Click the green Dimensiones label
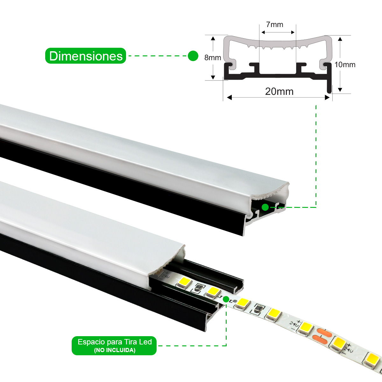pyautogui.click(x=86, y=56)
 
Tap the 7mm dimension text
pyautogui.click(x=274, y=25)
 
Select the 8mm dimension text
pyautogui.click(x=212, y=58)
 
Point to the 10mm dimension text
pyautogui.click(x=345, y=65)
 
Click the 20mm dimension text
pyautogui.click(x=279, y=91)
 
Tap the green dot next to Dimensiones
pyautogui.click(x=193, y=56)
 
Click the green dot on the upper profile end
pyautogui.click(x=265, y=208)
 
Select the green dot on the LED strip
pyautogui.click(x=226, y=299)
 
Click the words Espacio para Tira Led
pyautogui.click(x=115, y=342)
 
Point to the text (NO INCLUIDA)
pyautogui.click(x=115, y=350)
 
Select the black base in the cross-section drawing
pyautogui.click(x=277, y=76)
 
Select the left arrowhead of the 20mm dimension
pyautogui.click(x=229, y=97)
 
